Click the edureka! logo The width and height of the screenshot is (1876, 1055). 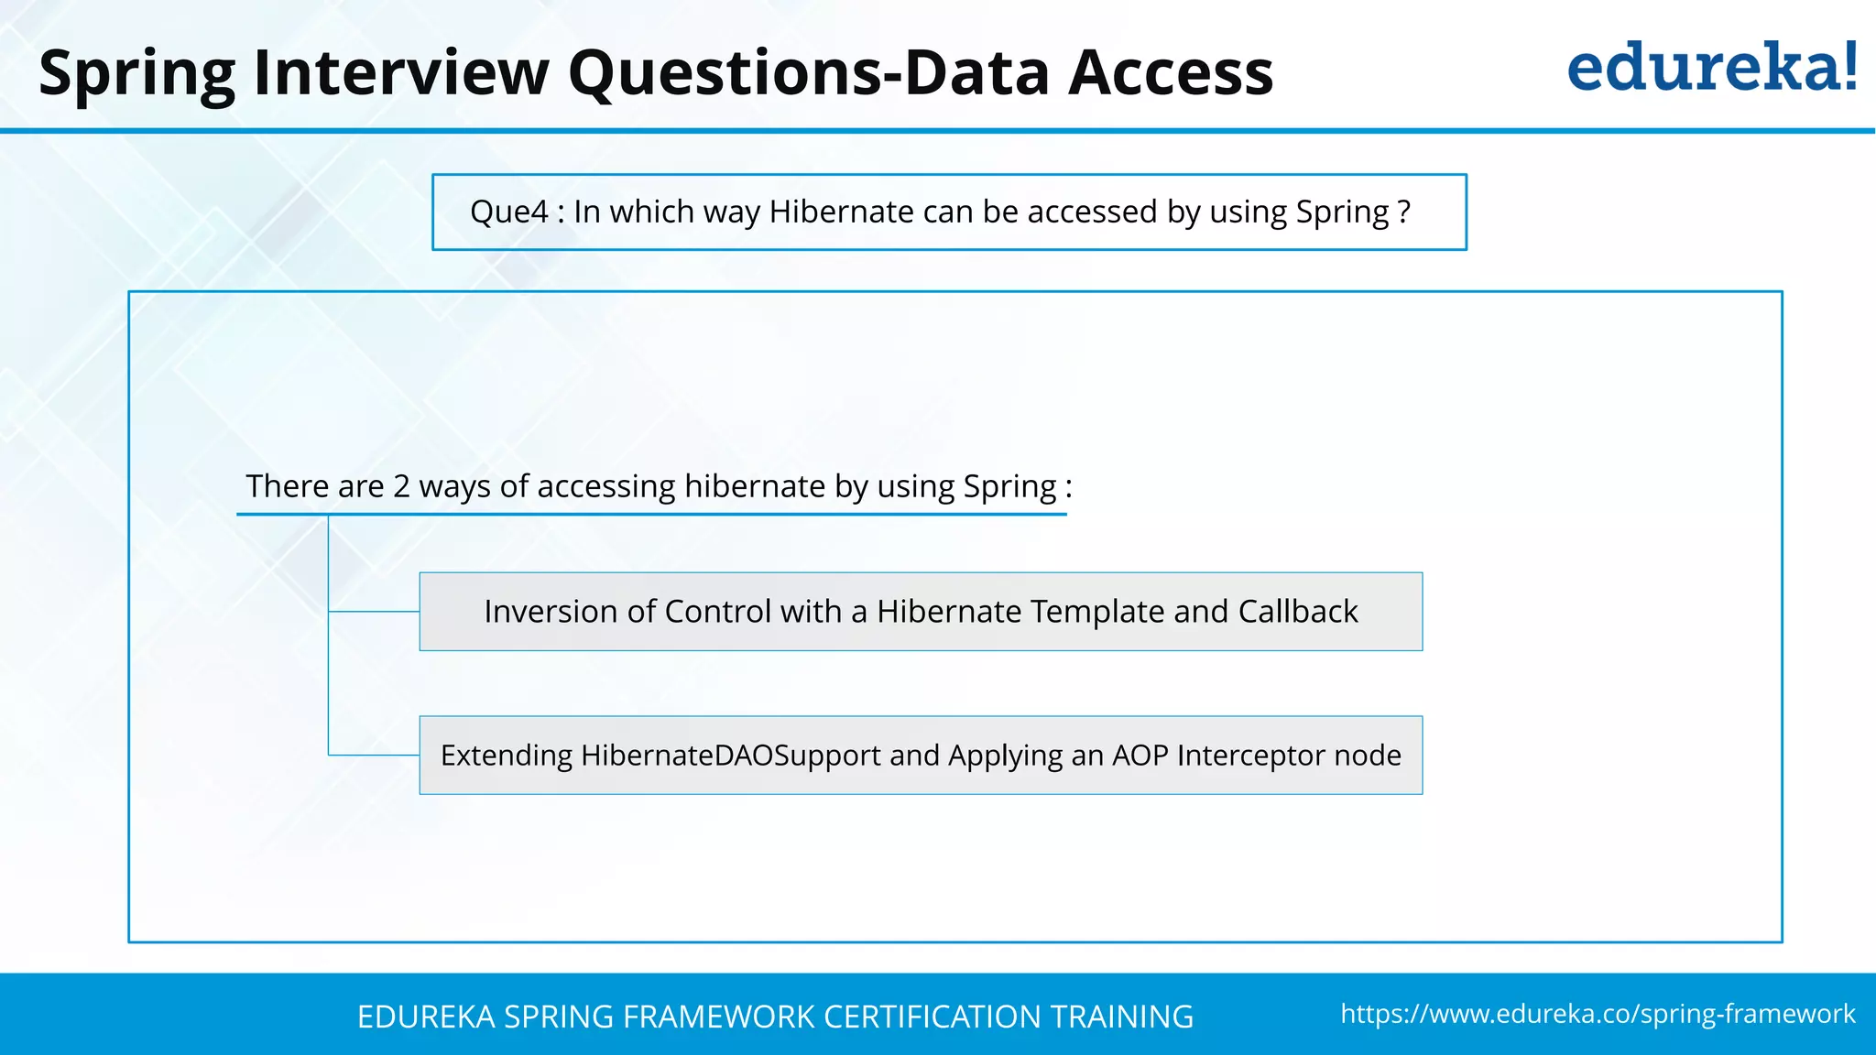click(x=1711, y=68)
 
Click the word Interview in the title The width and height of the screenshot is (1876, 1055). click(x=400, y=72)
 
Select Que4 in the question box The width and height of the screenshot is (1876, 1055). click(x=508, y=212)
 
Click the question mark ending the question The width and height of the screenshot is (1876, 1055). click(x=1404, y=212)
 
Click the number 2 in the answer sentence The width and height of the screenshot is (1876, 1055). click(x=401, y=485)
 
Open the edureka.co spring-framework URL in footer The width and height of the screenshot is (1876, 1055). click(x=1598, y=1014)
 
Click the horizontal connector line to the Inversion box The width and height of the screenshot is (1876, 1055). click(x=374, y=611)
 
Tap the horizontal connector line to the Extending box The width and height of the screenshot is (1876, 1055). click(x=374, y=755)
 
